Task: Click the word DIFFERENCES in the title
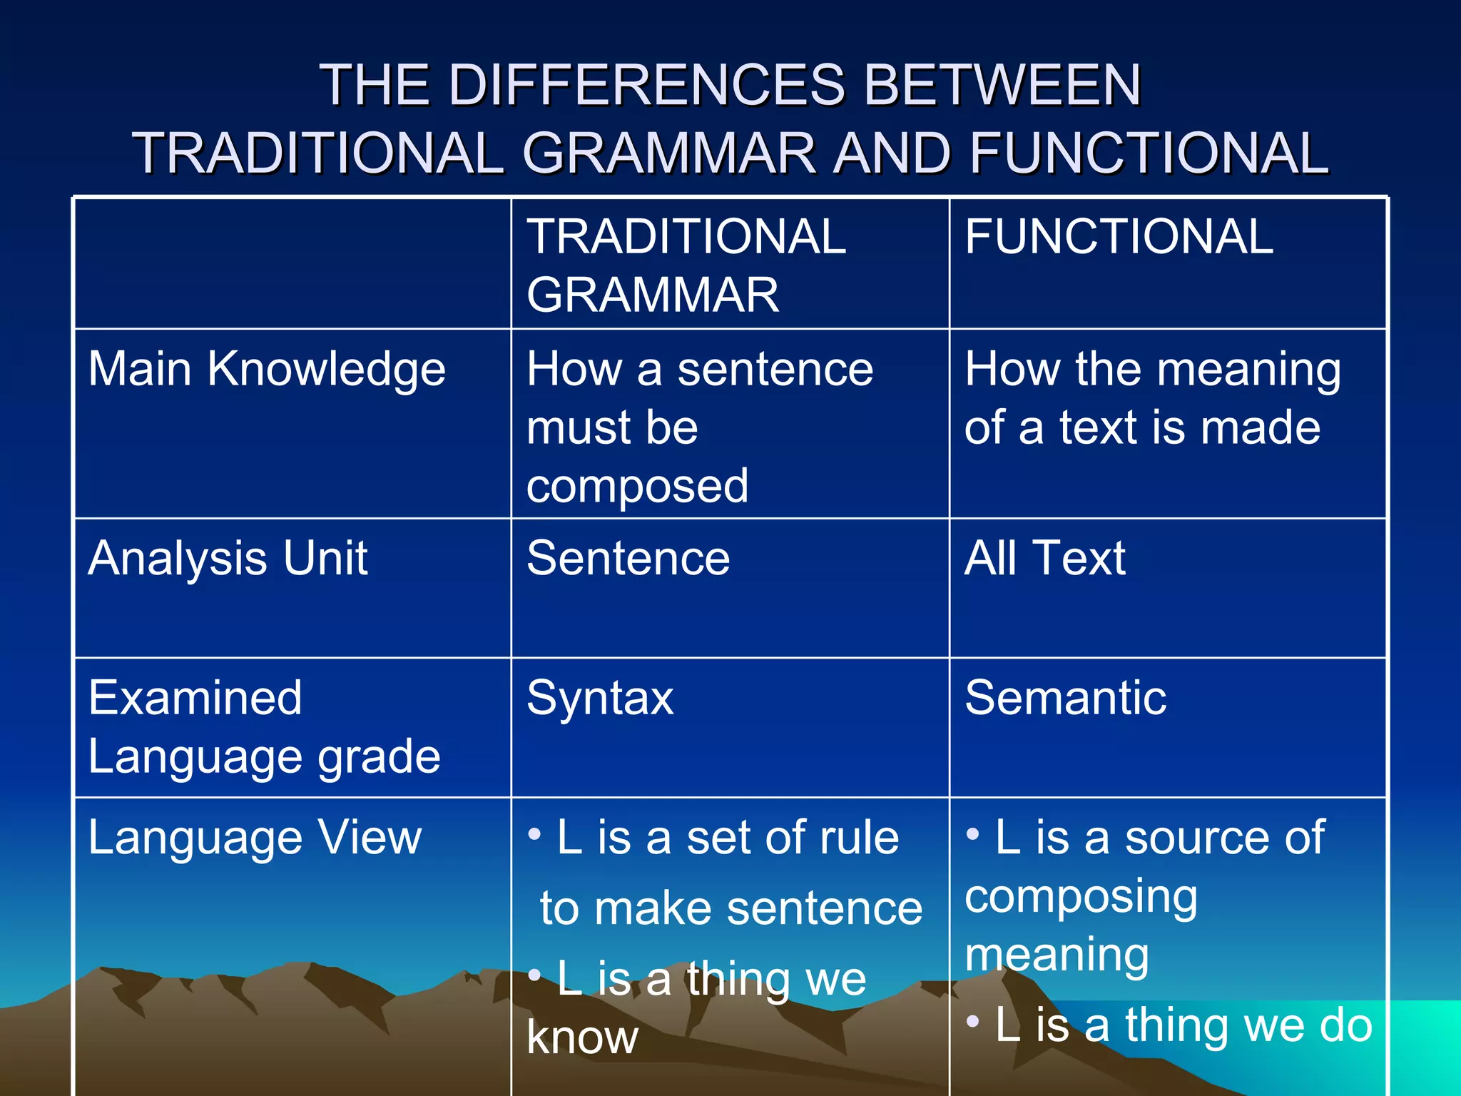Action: click(x=646, y=85)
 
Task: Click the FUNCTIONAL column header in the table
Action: click(x=1119, y=237)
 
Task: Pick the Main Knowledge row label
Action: click(x=267, y=370)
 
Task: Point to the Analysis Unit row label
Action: click(x=228, y=558)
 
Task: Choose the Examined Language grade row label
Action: click(x=264, y=726)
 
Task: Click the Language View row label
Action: click(x=255, y=838)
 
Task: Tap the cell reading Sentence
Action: click(x=628, y=558)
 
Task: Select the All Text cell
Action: click(x=1044, y=558)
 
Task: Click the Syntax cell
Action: click(x=599, y=699)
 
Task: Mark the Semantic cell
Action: click(x=1065, y=698)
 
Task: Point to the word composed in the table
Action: click(x=637, y=487)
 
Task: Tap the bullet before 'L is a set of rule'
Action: click(x=534, y=833)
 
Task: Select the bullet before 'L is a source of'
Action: click(x=972, y=833)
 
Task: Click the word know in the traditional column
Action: click(x=582, y=1037)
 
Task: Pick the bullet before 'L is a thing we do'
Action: click(x=972, y=1021)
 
